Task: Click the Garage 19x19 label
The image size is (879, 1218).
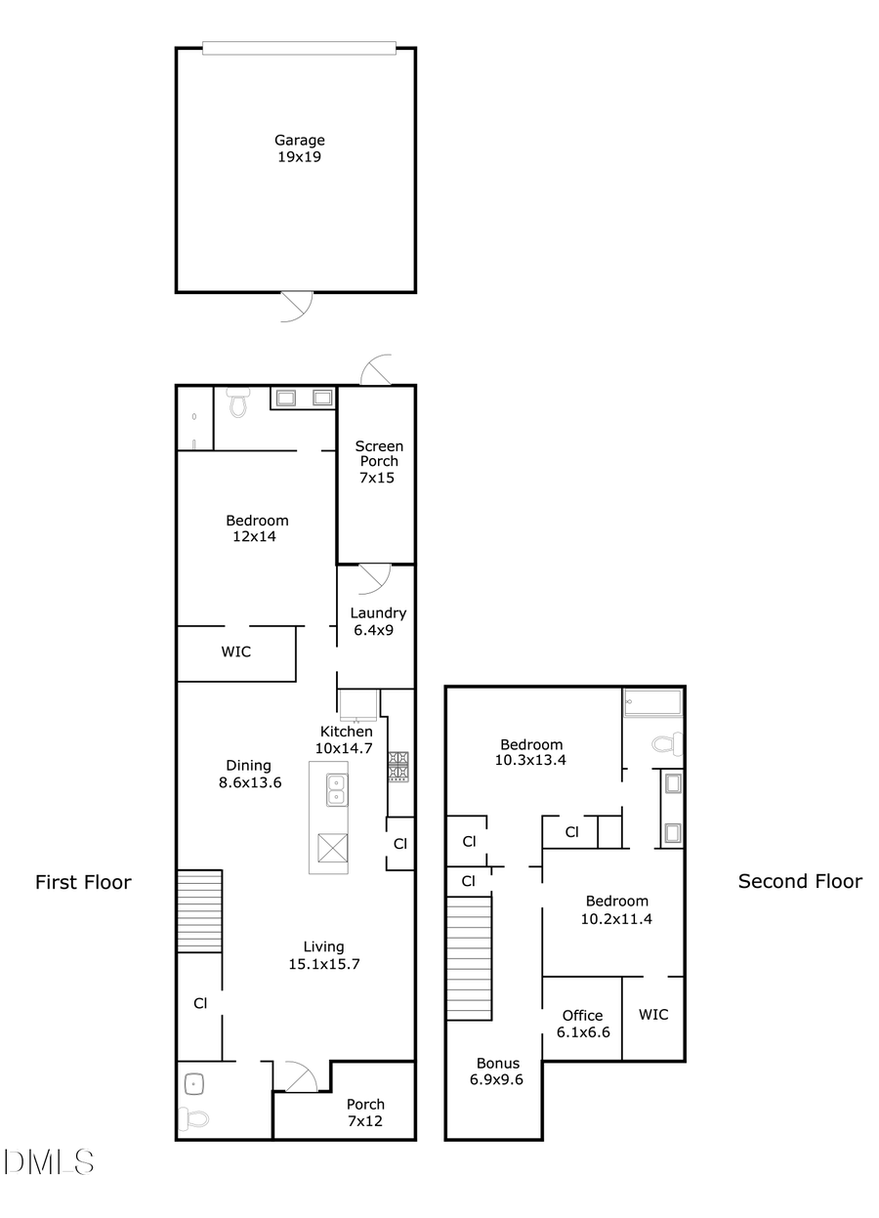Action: [299, 148]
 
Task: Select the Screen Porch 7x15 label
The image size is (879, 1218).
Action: [378, 462]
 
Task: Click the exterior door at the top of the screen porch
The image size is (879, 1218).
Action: [376, 371]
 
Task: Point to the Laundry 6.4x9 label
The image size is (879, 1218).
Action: [378, 621]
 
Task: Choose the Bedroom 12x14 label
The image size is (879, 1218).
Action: [257, 528]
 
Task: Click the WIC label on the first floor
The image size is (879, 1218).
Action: [235, 651]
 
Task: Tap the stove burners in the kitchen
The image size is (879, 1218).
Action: [398, 766]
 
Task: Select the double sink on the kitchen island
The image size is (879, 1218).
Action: [335, 788]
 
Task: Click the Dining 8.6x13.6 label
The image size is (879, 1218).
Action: [248, 774]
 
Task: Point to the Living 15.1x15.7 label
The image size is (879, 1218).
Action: [323, 955]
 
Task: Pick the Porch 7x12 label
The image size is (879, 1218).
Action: [365, 1113]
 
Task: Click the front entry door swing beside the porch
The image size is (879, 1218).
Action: [296, 1077]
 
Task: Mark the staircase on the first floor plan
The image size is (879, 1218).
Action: [199, 912]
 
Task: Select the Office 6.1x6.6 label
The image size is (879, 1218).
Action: [582, 1023]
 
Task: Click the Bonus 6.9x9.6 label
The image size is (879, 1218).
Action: [498, 1071]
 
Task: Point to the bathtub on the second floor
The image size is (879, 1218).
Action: [653, 702]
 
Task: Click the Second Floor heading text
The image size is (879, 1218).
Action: [799, 882]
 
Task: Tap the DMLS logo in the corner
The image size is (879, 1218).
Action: [49, 1162]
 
